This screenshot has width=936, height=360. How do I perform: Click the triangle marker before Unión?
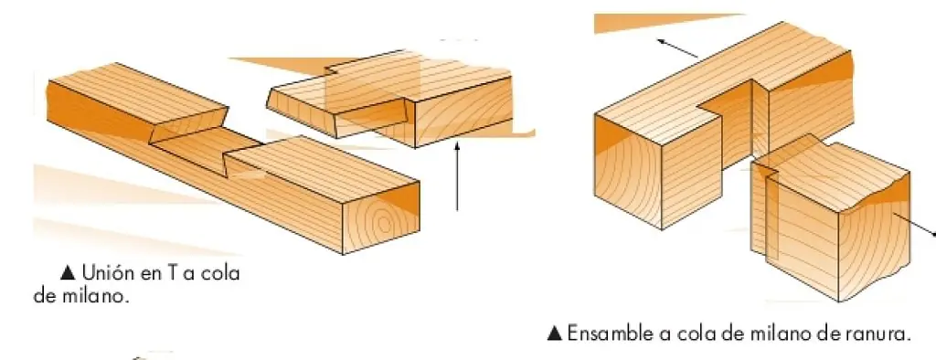[x=68, y=273]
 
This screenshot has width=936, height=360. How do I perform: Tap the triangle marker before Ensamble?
[x=555, y=334]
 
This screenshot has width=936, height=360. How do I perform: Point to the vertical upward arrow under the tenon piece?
[x=457, y=175]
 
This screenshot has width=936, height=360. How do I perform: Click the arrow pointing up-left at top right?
[x=677, y=48]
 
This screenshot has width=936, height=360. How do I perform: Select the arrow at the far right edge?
[x=914, y=225]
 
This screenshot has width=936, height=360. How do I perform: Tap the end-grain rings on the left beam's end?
[x=382, y=221]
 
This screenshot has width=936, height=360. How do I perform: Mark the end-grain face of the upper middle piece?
[x=463, y=111]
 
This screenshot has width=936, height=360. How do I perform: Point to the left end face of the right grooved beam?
[x=628, y=173]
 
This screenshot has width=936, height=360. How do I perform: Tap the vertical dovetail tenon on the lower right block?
[x=762, y=209]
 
